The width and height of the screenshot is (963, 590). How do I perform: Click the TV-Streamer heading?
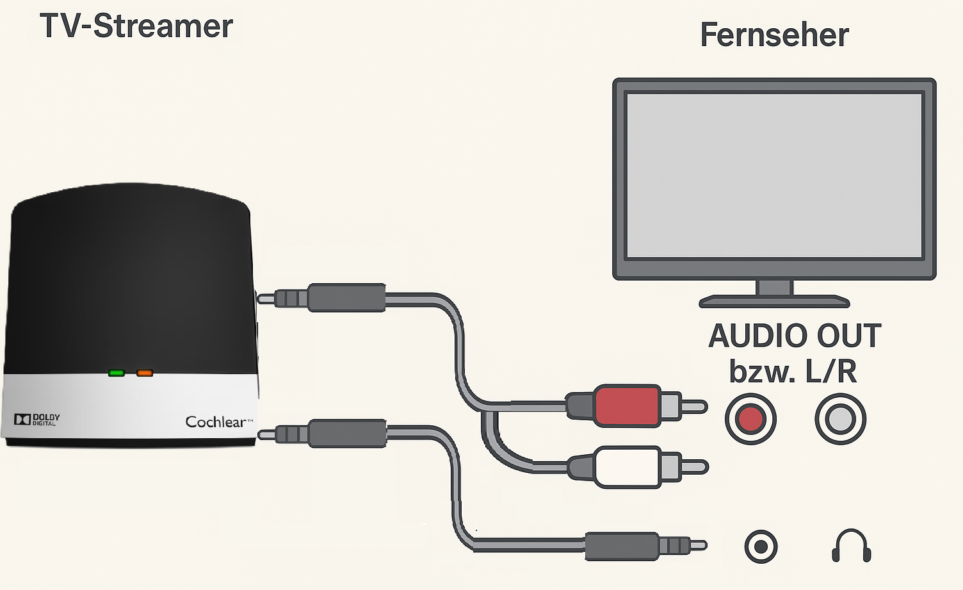coord(136,26)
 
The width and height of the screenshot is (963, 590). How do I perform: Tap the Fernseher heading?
coord(774,35)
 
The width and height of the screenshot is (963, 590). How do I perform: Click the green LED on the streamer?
coord(117,373)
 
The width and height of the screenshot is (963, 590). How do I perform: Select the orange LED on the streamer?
coord(145,373)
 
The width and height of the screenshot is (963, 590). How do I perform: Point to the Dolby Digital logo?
coord(37,420)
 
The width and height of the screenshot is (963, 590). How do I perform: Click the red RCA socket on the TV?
coord(750,419)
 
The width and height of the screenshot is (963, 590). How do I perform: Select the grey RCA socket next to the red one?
coord(840,419)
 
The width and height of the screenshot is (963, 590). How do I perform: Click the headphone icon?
coord(851,546)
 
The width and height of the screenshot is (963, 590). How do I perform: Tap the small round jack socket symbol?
coord(761,546)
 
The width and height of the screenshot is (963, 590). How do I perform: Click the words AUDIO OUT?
coord(795,336)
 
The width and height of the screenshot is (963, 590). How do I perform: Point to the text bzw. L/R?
coord(793,372)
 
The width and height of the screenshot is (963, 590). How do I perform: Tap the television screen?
coord(774,176)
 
